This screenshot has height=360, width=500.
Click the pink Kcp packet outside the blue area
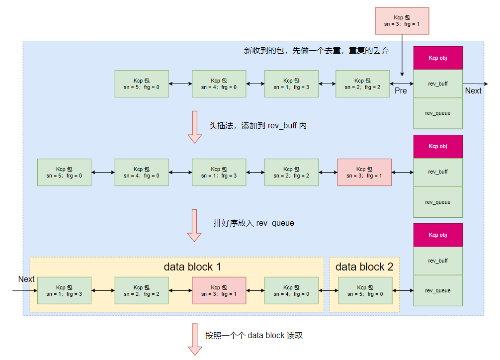pos(402,20)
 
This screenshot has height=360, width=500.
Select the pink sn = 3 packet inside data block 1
pos(219,290)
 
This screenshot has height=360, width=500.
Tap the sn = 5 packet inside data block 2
pos(365,290)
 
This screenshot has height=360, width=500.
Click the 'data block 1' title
pos(192,267)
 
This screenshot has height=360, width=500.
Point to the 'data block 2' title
pos(364,267)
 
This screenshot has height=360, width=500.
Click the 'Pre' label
pos(401,90)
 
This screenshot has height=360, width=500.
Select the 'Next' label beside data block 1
pos(26,279)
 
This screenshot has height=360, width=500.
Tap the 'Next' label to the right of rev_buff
pos(473,90)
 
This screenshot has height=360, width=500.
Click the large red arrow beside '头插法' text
pos(194,127)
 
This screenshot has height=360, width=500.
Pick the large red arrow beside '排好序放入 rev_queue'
pos(194,225)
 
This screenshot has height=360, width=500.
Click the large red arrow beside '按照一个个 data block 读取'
pos(194,339)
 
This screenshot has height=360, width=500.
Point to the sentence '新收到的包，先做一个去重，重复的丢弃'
pos(316,51)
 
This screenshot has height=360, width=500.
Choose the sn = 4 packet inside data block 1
pos(291,290)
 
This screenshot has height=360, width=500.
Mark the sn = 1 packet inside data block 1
pos(64,290)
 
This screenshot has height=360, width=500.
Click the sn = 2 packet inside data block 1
pos(142,290)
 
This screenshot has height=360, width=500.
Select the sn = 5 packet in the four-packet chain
pos(142,84)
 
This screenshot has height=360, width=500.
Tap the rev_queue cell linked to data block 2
pos(438,290)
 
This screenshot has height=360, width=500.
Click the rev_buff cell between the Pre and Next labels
pos(438,84)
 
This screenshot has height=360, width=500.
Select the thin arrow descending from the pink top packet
pos(402,55)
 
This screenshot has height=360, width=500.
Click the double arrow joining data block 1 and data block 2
pos(329,290)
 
